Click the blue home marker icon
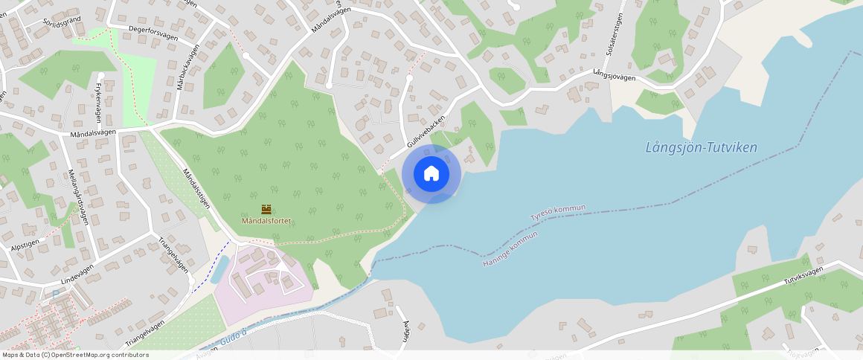pos(431,174)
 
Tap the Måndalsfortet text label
pos(266,221)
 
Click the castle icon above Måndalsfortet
pos(266,210)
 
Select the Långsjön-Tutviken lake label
pos(701,147)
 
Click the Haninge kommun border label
pos(510,249)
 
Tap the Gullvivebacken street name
pos(426,131)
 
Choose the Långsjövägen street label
pos(615,76)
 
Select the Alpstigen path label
pos(25,243)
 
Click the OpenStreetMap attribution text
pos(76,355)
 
